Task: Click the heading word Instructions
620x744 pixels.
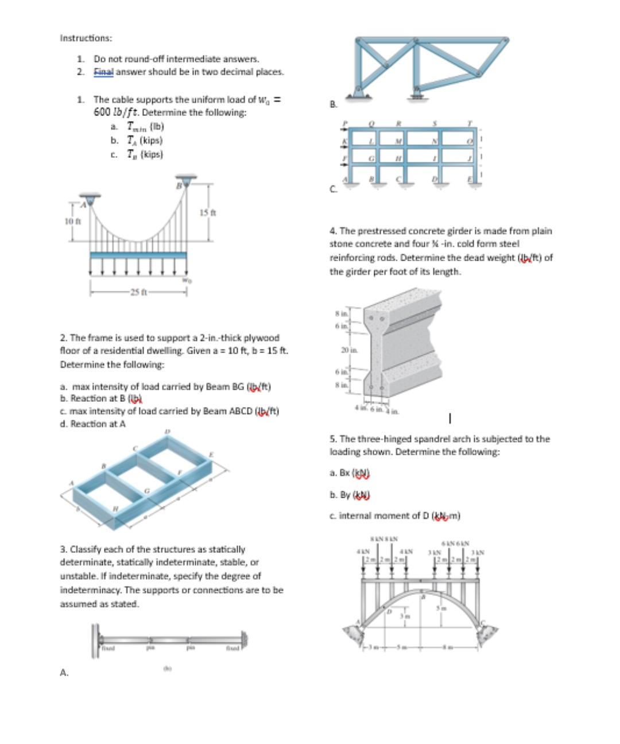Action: (x=86, y=38)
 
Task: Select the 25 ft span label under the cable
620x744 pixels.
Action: (x=138, y=292)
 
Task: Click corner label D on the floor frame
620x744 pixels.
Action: (x=168, y=431)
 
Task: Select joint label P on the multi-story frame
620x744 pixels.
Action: (x=345, y=123)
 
